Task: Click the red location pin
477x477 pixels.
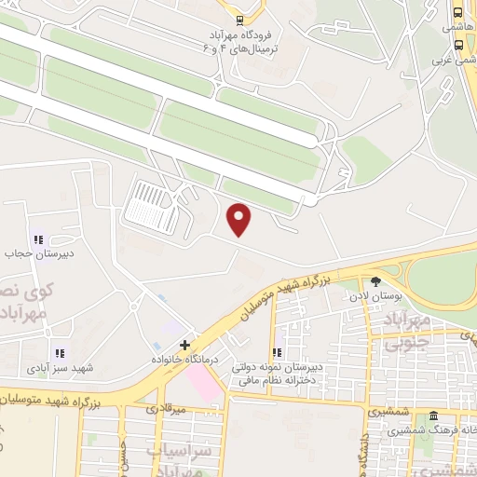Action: click(x=240, y=219)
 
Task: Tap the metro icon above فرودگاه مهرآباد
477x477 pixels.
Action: click(x=240, y=19)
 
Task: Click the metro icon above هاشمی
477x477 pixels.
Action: click(x=457, y=14)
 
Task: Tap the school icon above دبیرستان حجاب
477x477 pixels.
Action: click(x=38, y=238)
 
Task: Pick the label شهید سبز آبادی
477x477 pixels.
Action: click(x=60, y=368)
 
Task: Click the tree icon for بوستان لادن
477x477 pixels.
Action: click(x=375, y=281)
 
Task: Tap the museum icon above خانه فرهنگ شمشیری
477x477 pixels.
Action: click(x=433, y=416)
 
